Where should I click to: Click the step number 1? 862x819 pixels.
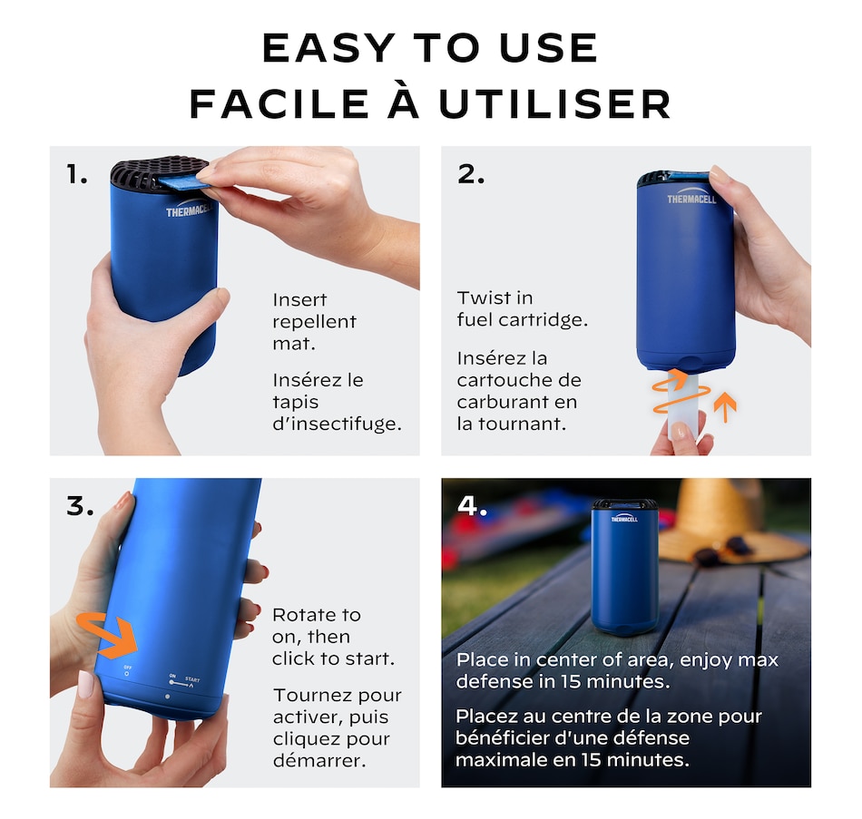pyautogui.click(x=76, y=174)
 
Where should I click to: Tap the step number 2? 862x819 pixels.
pyautogui.click(x=471, y=174)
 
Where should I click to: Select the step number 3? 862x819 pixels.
pyautogui.click(x=80, y=506)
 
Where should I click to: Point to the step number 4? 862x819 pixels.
pyautogui.click(x=472, y=506)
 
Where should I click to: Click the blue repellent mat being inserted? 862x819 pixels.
pyautogui.click(x=183, y=182)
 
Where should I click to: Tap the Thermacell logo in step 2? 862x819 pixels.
pyautogui.click(x=691, y=199)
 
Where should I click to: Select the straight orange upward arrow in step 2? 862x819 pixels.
pyautogui.click(x=725, y=406)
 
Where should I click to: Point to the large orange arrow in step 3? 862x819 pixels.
pyautogui.click(x=107, y=634)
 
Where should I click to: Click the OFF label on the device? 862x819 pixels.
pyautogui.click(x=128, y=668)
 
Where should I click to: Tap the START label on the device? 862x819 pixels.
pyautogui.click(x=192, y=679)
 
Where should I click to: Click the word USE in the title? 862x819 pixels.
pyautogui.click(x=549, y=48)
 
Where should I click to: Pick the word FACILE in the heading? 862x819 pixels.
pyautogui.click(x=279, y=103)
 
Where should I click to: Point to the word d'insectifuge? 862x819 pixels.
pyautogui.click(x=337, y=424)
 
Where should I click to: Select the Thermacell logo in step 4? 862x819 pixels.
pyautogui.click(x=624, y=518)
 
